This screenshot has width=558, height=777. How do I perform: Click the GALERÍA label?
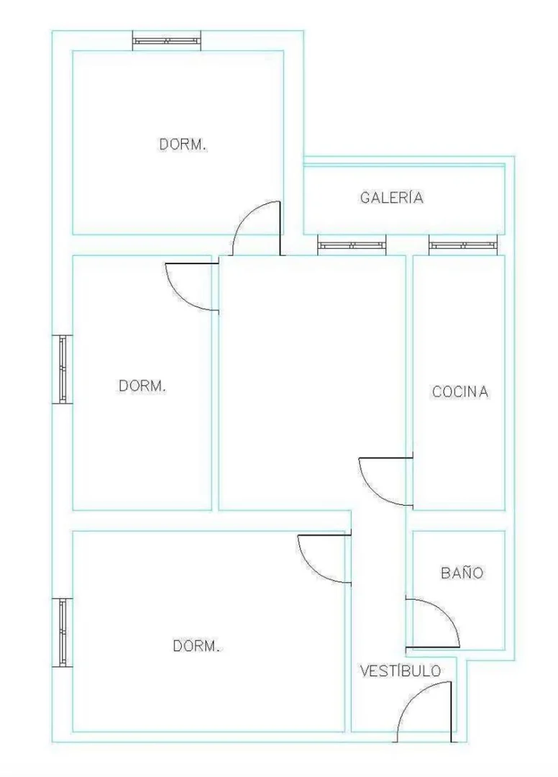coord(391,197)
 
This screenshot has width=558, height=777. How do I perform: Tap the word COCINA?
coord(460,391)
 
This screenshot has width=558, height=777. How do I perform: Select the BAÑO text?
coord(462,573)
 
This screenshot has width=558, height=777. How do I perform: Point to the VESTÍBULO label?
coord(400,671)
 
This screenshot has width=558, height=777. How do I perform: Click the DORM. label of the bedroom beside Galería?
coord(183,145)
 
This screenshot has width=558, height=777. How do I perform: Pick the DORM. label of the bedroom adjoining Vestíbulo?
coord(196,645)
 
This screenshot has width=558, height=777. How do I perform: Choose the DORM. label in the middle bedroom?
coord(142,386)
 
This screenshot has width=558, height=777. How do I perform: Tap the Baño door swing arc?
coord(443,612)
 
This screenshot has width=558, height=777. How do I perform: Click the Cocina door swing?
coord(371,488)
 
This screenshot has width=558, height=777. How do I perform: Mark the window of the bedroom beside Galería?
coord(167,40)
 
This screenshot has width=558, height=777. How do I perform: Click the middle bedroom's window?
coord(63,369)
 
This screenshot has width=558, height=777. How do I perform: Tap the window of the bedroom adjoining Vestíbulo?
coord(63,632)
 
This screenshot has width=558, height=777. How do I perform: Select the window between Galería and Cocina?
coord(463,245)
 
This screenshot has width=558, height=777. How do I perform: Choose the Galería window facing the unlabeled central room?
coord(352,245)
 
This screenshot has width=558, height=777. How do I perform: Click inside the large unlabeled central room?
coord(312,381)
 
